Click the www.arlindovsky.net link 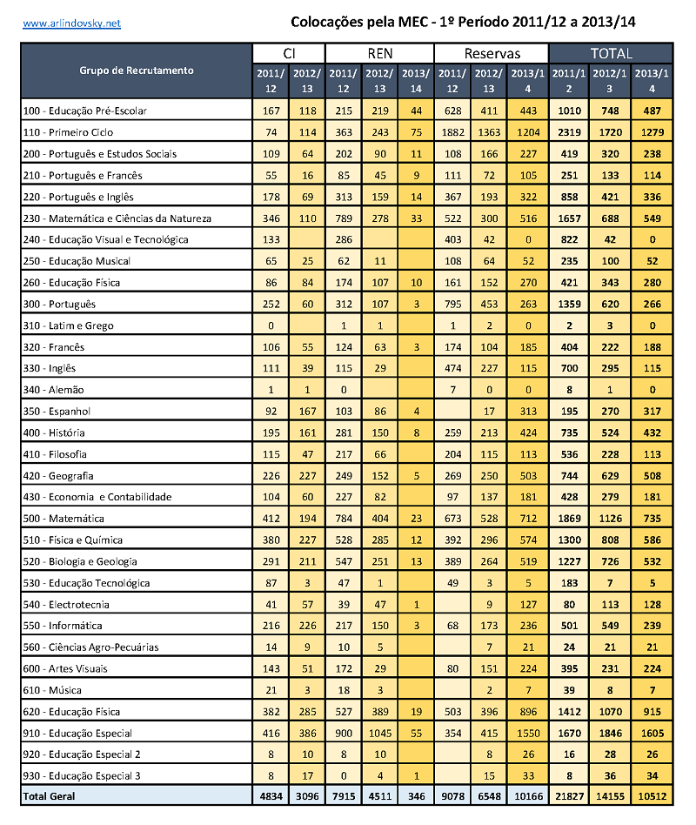coord(71,23)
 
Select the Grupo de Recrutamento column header coord(137,70)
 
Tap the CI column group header coord(289,53)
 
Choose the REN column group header coord(380,53)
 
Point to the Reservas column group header coord(492,53)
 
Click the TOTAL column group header coord(611,53)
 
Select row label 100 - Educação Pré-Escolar coord(84,111)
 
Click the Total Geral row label coord(50,796)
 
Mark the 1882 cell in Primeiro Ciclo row coord(452,132)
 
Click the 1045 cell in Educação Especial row coord(380,734)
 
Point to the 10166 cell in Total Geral coord(527,796)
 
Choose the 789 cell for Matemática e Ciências coord(344,218)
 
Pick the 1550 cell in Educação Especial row coord(527,734)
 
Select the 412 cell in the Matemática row coord(271,519)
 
